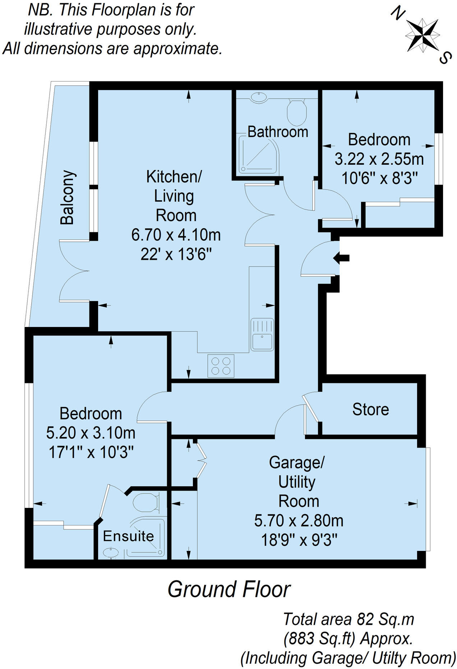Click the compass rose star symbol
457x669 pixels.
coord(422,35)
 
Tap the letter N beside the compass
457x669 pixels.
coord(398,14)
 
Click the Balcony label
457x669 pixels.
coord(68,197)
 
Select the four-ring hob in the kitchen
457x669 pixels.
coord(221,366)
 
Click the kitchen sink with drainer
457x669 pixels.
coord(262,334)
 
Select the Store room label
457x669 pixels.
coord(370,410)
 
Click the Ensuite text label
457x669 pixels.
coord(128,536)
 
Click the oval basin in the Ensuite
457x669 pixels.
coord(111,553)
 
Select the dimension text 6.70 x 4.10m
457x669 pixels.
coord(176,235)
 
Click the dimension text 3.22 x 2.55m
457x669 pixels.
coord(379,159)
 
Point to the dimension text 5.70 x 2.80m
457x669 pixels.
coord(299,520)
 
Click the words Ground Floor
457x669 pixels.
coord(229,590)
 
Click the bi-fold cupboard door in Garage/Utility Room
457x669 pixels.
coord(202,460)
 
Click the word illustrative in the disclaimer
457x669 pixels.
coord(58,29)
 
